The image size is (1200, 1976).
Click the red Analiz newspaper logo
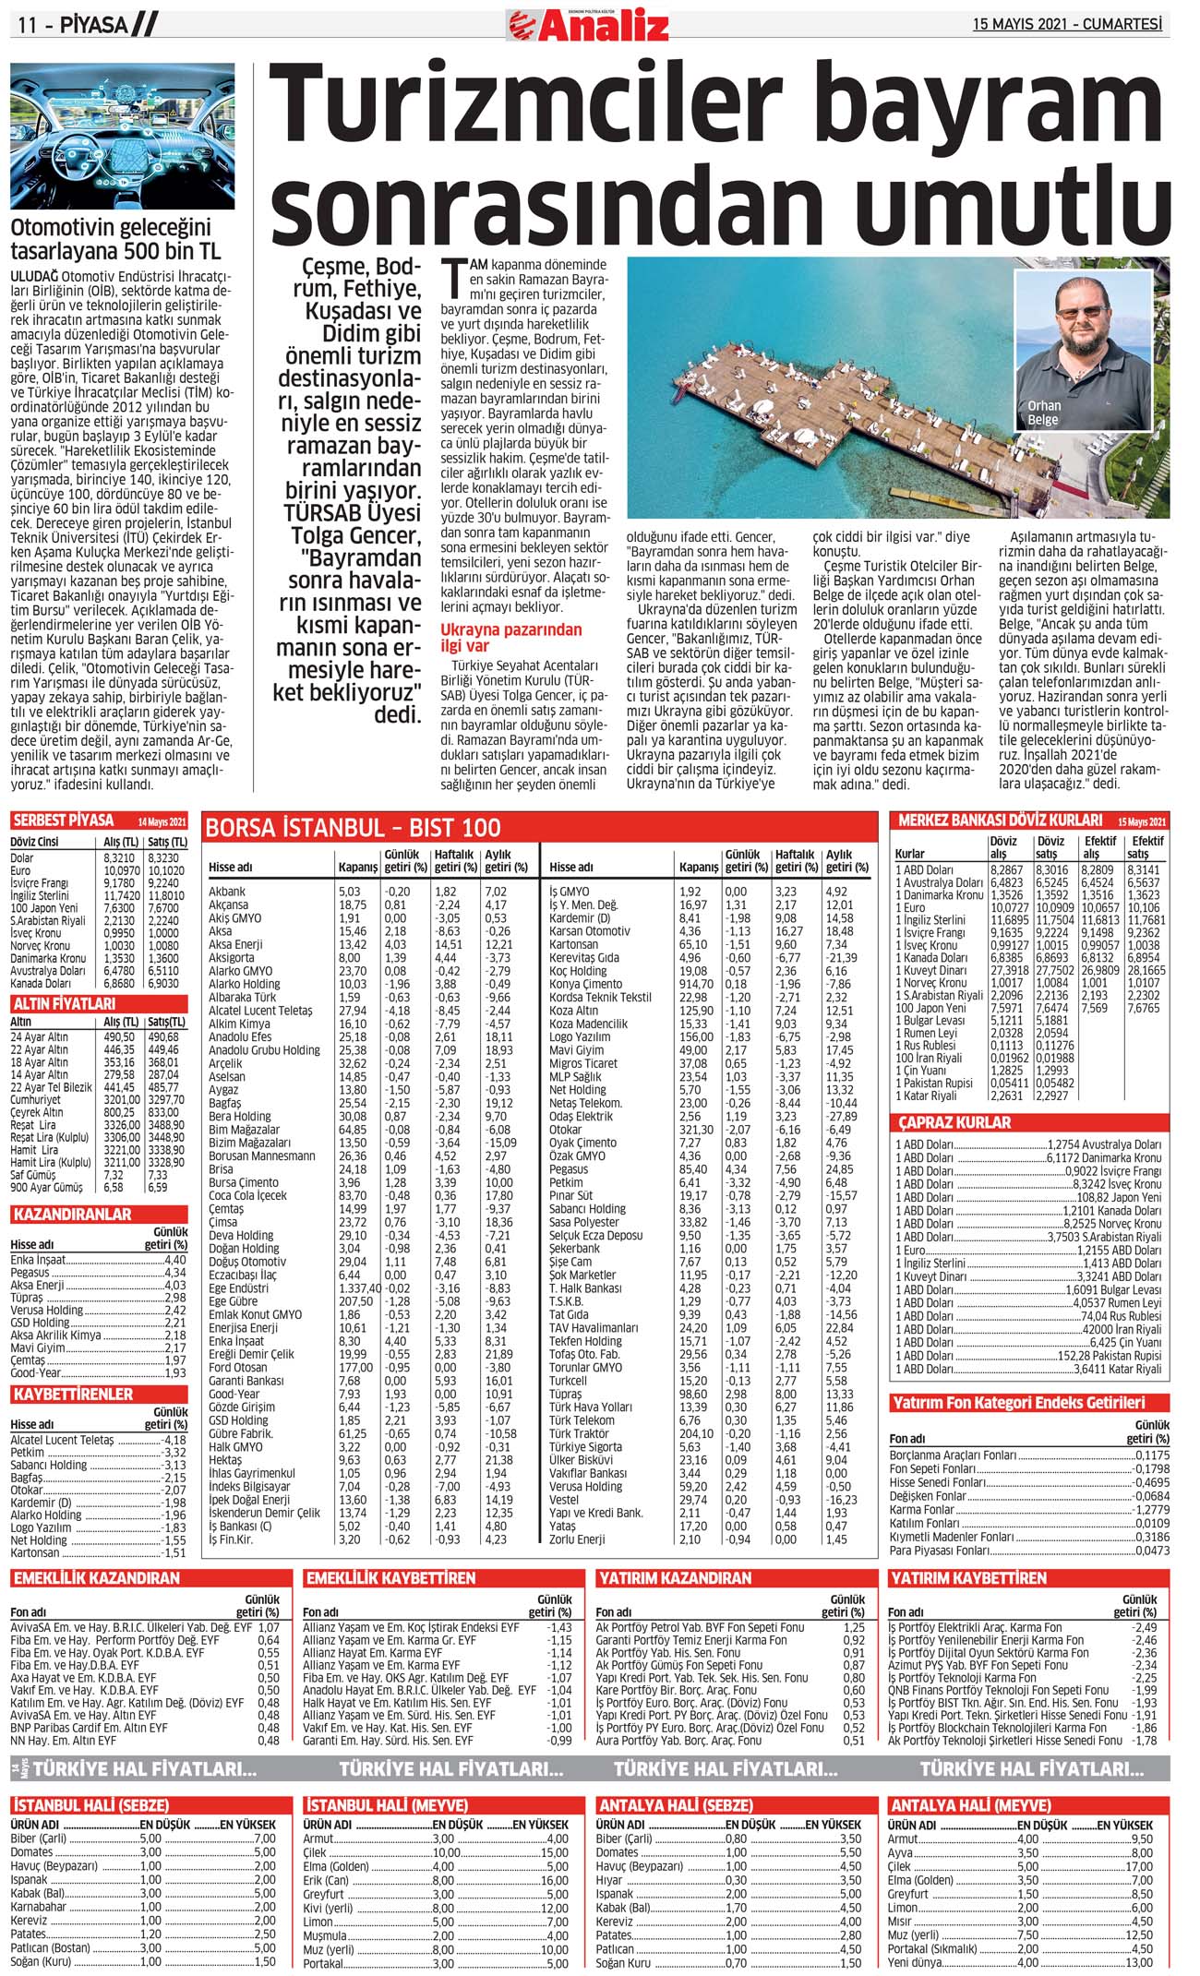588,25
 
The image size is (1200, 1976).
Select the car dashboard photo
123,136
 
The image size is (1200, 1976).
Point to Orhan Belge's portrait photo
1084,351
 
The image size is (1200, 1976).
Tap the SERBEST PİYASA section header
63,820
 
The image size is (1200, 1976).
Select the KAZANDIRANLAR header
71,1214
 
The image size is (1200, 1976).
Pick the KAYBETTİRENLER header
73,1394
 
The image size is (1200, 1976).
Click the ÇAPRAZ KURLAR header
954,1122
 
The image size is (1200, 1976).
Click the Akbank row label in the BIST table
227,892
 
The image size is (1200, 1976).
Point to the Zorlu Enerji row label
577,1539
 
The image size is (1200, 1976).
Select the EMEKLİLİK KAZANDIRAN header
96,1578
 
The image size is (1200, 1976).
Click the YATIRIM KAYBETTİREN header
967,1578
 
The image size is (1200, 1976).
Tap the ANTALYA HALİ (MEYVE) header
970,1804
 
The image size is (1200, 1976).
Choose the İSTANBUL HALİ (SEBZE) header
90,1804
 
